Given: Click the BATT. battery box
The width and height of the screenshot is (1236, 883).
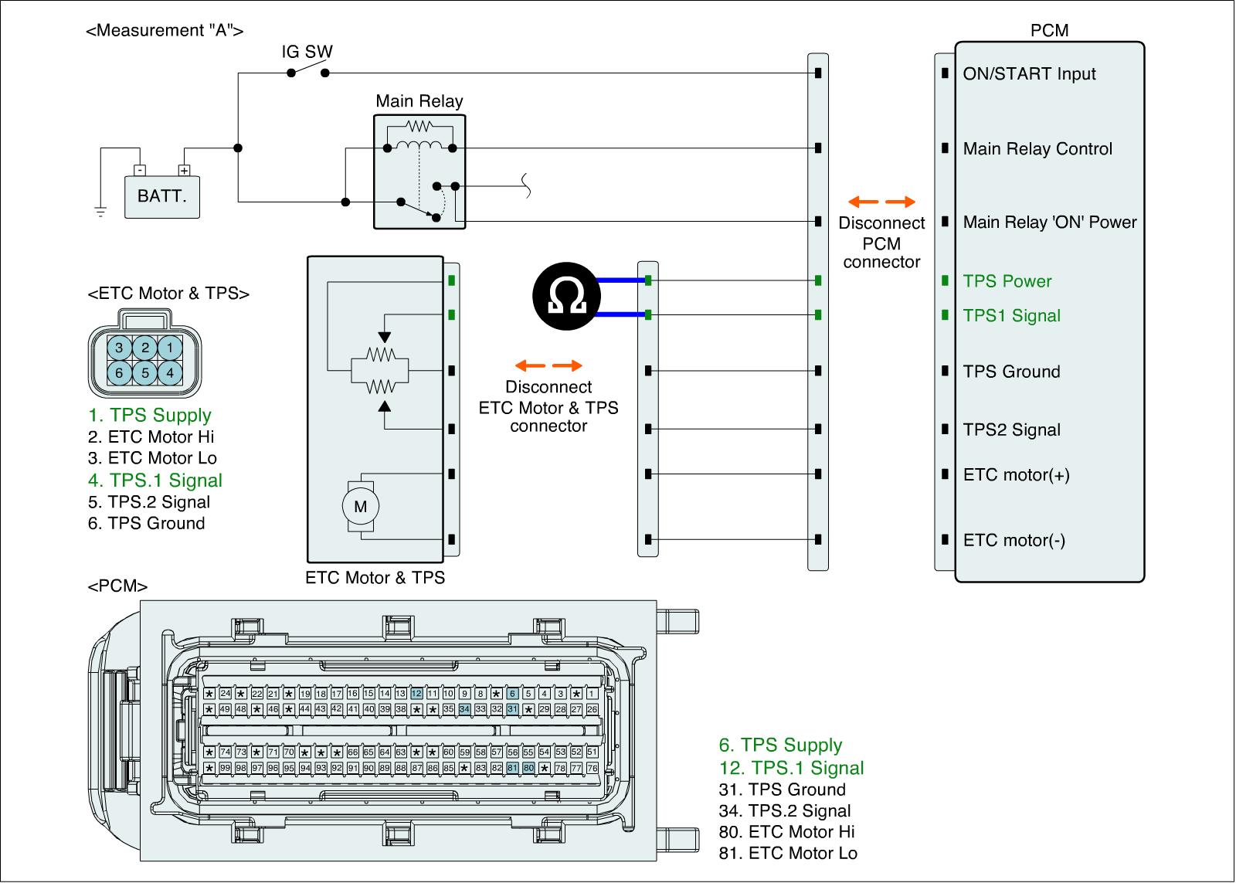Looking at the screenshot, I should point(162,196).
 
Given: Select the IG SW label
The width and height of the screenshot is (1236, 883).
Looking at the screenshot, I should point(307,53).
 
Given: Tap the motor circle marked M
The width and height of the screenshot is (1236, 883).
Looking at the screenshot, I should point(360,507).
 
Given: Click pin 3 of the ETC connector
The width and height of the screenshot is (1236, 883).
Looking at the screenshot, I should point(119,348).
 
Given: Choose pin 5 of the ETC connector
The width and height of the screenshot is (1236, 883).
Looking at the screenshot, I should point(144,373).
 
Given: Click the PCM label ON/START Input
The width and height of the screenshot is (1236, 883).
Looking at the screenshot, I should point(1029,74).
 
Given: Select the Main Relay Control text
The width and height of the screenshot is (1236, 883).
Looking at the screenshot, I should point(1037,149).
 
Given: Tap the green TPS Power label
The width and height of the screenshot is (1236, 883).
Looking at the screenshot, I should point(1007,281).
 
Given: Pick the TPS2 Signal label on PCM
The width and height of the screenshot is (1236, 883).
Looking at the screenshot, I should point(1011,430).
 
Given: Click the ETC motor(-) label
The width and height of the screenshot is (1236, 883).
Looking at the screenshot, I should point(1014,541).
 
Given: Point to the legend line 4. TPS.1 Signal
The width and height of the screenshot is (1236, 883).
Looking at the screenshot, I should point(155,481).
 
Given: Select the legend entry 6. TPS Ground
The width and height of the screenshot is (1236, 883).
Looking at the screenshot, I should point(147,524).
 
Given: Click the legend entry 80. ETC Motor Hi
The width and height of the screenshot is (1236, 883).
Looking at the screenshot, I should point(786,832).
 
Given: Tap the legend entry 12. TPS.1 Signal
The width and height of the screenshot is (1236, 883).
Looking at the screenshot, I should point(791,768).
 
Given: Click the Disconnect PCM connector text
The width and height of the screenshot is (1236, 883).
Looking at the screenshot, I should point(881,243).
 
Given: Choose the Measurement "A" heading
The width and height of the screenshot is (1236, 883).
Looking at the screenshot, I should point(165,31).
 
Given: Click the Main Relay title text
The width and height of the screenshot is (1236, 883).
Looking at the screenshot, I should point(419,101).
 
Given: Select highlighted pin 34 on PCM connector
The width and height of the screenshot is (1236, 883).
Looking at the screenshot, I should point(464,708).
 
